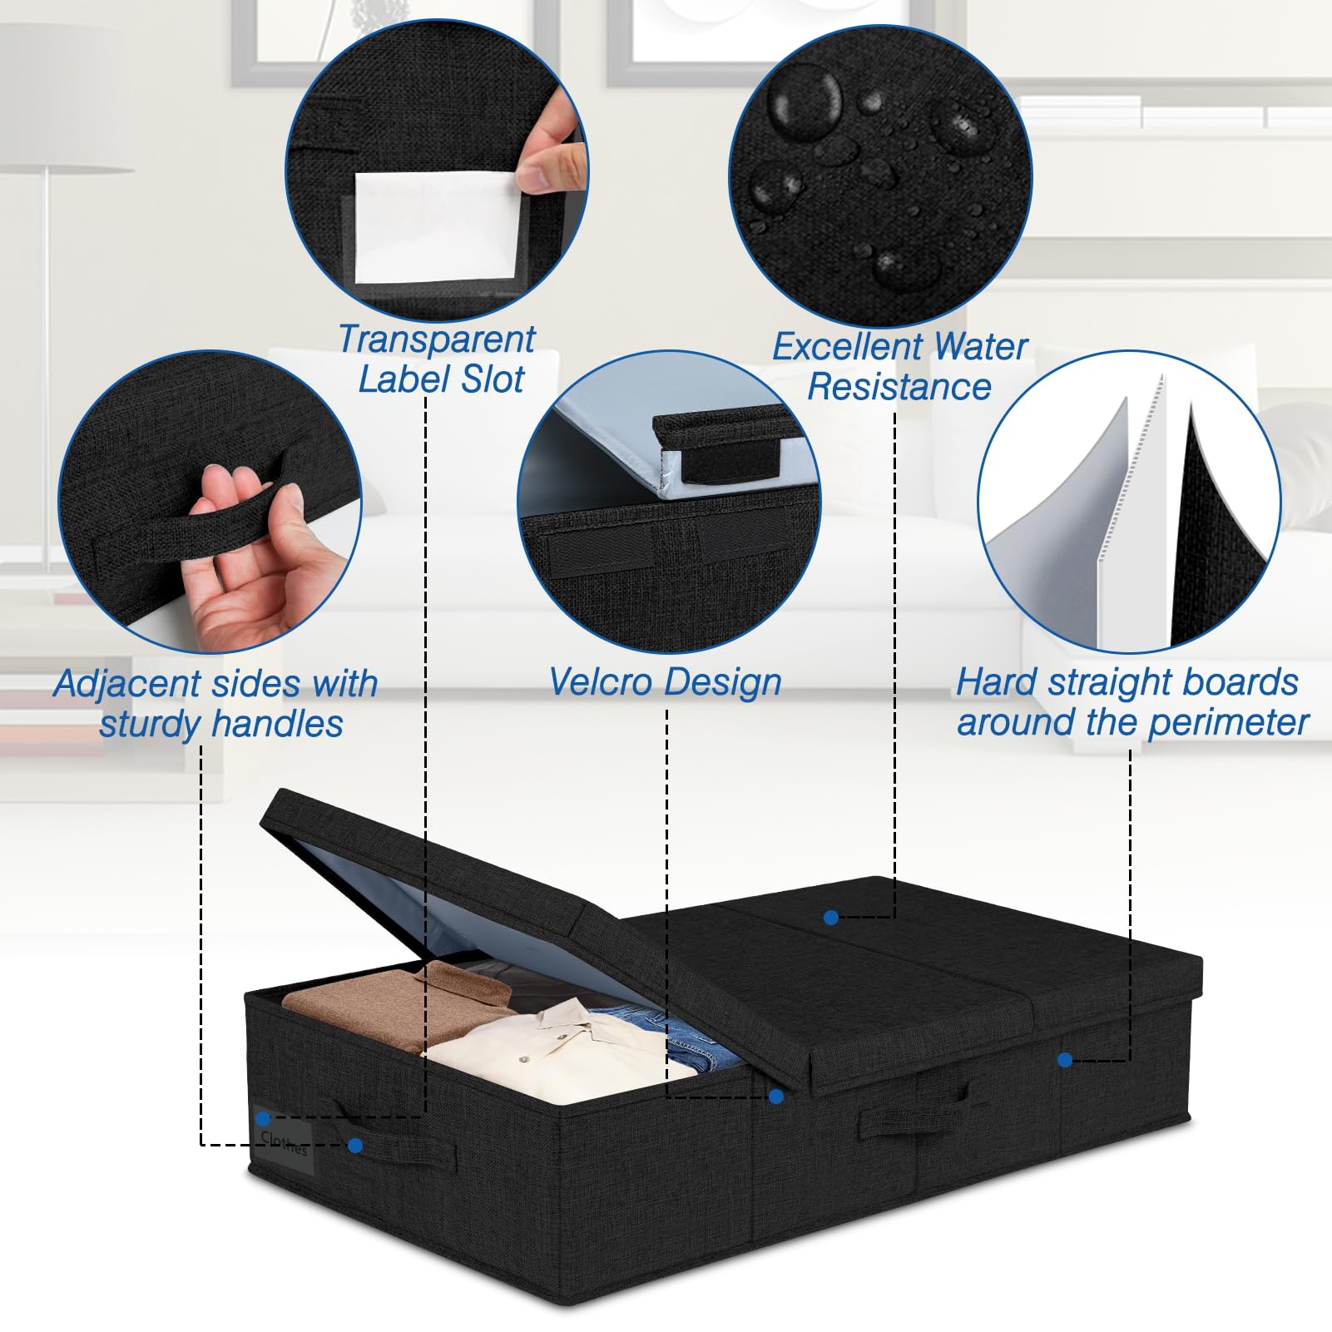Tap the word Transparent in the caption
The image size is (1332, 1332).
[436, 339]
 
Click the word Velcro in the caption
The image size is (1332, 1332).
[601, 681]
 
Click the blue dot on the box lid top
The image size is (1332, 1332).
[830, 917]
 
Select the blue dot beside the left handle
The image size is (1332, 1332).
[355, 1146]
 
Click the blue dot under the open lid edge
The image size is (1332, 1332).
[776, 1097]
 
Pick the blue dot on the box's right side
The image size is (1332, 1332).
[1064, 1059]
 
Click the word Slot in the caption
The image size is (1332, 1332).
[494, 379]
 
